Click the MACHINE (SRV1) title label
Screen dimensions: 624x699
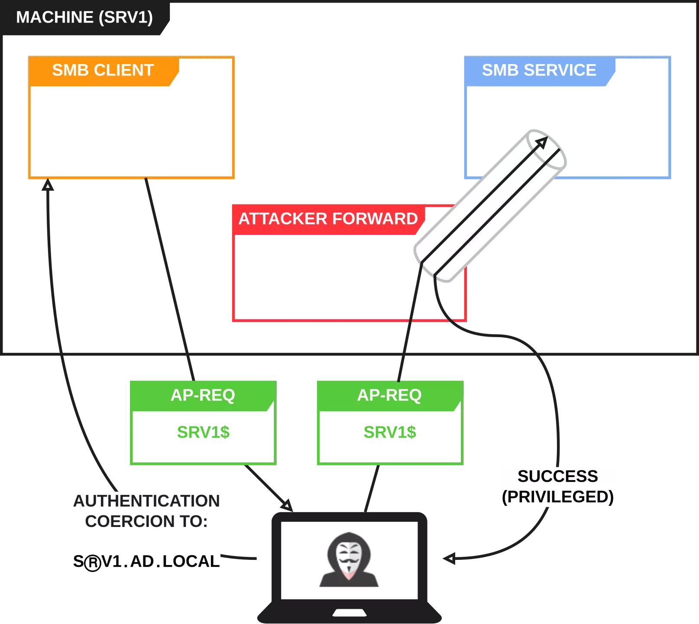[84, 18]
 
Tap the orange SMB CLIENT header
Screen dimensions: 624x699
[103, 70]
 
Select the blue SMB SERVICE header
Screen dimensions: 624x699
[539, 70]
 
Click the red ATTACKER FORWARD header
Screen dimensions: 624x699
[328, 219]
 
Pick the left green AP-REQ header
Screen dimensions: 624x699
[203, 395]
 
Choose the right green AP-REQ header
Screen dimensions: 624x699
[389, 395]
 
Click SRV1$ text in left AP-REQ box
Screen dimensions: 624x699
[204, 432]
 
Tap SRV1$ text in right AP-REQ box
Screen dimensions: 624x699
[390, 432]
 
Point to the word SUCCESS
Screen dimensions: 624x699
[557, 476]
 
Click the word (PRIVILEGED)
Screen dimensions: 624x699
[557, 497]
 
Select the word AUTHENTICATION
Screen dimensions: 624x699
[147, 501]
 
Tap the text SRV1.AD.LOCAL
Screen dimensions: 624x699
[147, 562]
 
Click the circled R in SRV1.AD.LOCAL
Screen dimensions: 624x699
[92, 563]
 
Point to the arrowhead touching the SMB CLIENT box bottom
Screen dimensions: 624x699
[47, 186]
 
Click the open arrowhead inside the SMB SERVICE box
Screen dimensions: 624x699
[542, 142]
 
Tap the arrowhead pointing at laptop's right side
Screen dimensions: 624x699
[450, 558]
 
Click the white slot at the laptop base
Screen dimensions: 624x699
[348, 612]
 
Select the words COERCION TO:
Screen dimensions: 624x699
[146, 521]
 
